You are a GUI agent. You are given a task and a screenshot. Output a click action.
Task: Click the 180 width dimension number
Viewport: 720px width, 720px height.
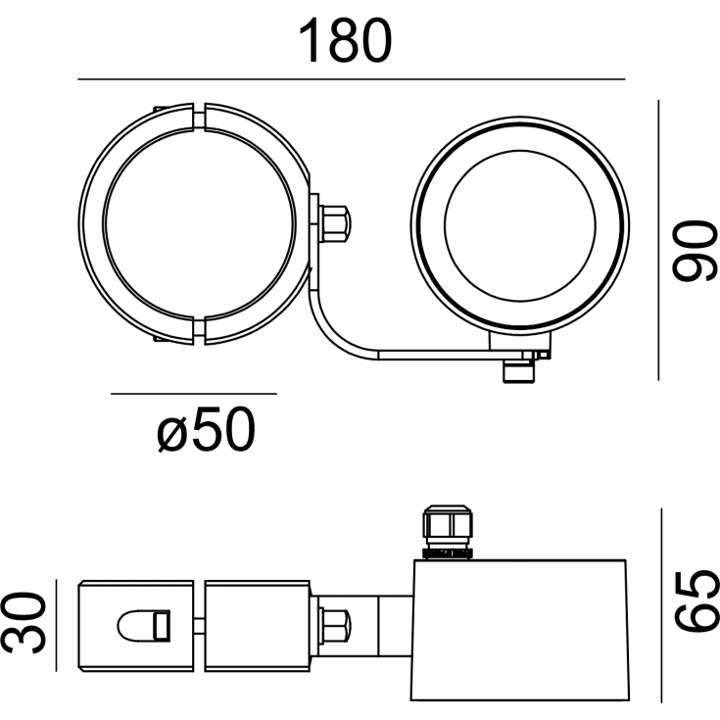tap(345, 40)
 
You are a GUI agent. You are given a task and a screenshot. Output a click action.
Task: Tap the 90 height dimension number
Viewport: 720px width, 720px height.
tap(694, 250)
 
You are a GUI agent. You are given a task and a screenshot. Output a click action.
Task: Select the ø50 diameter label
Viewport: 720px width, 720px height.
tap(206, 429)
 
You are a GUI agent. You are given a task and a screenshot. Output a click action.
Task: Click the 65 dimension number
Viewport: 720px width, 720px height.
tap(696, 601)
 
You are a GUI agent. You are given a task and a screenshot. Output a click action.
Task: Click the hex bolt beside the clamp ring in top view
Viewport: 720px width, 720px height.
tap(334, 224)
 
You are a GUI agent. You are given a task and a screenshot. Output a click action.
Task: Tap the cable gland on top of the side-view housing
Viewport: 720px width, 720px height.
tap(448, 532)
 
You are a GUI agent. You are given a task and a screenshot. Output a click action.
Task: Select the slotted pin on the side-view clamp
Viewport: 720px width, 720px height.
tap(144, 625)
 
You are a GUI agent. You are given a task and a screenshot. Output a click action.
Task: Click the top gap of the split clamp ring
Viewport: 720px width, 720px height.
tap(198, 118)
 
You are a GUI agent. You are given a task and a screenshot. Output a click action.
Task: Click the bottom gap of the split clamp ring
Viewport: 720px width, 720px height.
tap(198, 331)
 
